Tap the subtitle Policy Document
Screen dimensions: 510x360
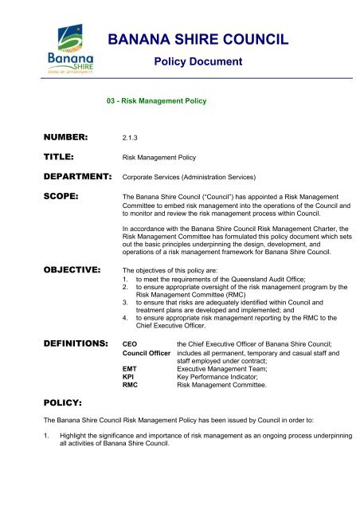coord(197,62)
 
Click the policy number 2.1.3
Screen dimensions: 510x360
coord(127,138)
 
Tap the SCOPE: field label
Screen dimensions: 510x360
coord(37,202)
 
